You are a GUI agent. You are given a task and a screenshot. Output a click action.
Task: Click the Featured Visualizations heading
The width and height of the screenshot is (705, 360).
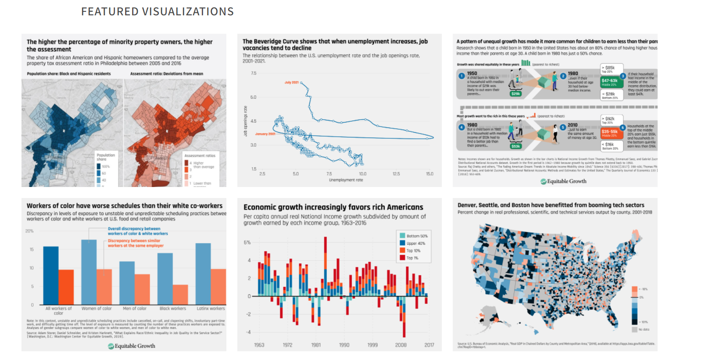157,12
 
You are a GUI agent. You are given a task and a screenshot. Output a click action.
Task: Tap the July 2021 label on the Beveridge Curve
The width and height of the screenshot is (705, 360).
291,82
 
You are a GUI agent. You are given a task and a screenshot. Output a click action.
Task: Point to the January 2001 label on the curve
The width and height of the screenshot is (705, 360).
265,134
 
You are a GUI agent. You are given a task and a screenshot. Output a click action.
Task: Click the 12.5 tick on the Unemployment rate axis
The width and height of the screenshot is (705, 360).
396,174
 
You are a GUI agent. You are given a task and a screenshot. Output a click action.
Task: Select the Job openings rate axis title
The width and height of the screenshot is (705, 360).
245,121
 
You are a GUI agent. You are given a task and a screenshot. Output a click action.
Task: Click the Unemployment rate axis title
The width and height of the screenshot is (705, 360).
346,180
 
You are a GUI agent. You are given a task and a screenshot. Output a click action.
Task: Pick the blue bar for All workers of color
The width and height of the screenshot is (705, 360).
51,275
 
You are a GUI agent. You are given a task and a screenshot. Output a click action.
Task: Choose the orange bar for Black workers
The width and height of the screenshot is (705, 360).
180,294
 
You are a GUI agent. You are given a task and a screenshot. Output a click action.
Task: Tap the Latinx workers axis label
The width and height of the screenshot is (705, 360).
211,309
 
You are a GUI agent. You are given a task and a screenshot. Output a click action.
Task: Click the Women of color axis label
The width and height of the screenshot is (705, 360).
97,309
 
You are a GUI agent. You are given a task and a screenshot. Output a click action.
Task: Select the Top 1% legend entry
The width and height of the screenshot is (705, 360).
412,258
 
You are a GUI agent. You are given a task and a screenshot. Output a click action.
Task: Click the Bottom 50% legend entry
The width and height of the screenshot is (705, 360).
416,236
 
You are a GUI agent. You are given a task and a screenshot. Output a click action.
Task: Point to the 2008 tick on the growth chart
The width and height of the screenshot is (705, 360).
401,345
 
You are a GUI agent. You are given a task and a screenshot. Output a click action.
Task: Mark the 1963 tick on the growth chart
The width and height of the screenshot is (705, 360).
259,345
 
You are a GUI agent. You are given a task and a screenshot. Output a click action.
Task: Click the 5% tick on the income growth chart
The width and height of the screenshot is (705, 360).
247,243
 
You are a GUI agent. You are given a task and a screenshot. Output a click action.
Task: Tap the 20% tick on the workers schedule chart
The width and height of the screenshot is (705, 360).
29,231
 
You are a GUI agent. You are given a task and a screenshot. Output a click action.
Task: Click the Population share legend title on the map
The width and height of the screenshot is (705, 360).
106,157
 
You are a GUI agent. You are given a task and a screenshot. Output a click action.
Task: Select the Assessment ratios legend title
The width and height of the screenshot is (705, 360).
200,155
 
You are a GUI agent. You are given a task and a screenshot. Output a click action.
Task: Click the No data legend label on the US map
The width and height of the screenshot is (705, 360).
644,329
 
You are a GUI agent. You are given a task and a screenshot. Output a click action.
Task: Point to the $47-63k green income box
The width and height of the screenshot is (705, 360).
609,81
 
